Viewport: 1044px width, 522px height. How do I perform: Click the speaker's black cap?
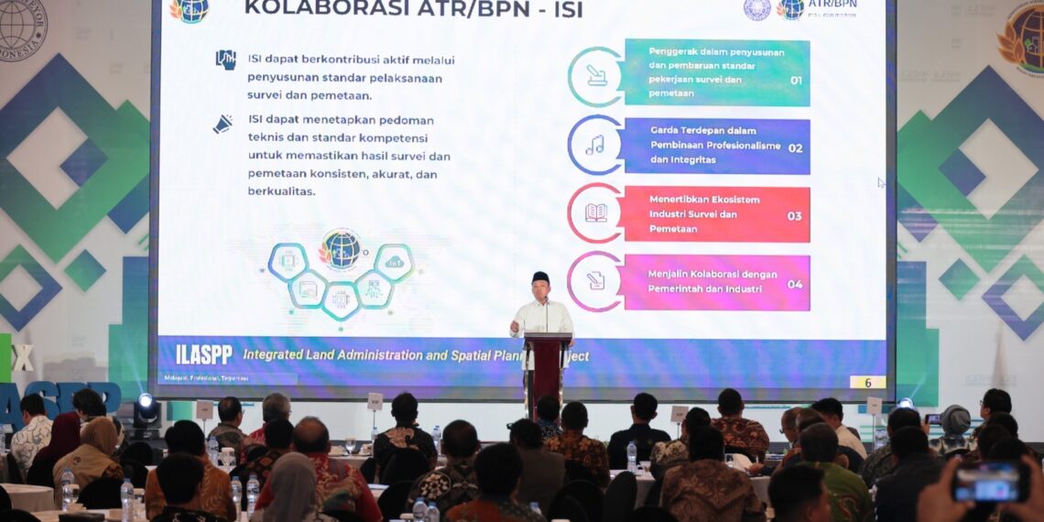point(540,277)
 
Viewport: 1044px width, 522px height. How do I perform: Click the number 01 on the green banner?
point(795,81)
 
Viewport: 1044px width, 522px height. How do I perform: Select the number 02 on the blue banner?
point(795,148)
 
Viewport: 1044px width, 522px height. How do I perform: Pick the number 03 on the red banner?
point(794,216)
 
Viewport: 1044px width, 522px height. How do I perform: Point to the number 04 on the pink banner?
point(794,284)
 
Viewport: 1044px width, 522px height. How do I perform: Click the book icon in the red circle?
point(595,212)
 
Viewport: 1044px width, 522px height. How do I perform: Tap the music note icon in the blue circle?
point(595,145)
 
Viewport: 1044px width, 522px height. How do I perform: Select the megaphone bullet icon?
point(223,124)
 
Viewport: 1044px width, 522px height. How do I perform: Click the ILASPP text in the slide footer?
point(203,355)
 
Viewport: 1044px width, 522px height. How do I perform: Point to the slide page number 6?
point(866,382)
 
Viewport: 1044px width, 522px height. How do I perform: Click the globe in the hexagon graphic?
point(340,249)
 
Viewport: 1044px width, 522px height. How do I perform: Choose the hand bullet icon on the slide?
point(225,60)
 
